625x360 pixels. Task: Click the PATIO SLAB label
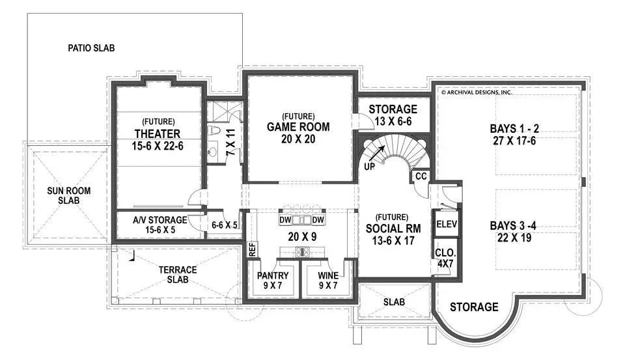pyautogui.click(x=91, y=48)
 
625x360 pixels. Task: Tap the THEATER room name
pyautogui.click(x=158, y=134)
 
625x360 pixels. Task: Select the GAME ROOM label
pyautogui.click(x=298, y=127)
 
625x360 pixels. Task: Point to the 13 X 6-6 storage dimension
pyautogui.click(x=393, y=122)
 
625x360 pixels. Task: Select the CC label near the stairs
pyautogui.click(x=421, y=176)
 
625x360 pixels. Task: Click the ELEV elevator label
pyautogui.click(x=447, y=224)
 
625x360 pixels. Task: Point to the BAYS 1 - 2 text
pyautogui.click(x=518, y=128)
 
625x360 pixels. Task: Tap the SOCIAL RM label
pyautogui.click(x=392, y=228)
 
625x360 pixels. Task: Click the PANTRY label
pyautogui.click(x=273, y=276)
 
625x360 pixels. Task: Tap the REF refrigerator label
pyautogui.click(x=252, y=249)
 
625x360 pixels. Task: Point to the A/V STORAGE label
pyautogui.click(x=160, y=220)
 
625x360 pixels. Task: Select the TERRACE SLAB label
pyautogui.click(x=177, y=275)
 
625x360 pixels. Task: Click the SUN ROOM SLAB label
pyautogui.click(x=68, y=195)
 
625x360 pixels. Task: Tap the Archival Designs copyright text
pyautogui.click(x=477, y=92)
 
